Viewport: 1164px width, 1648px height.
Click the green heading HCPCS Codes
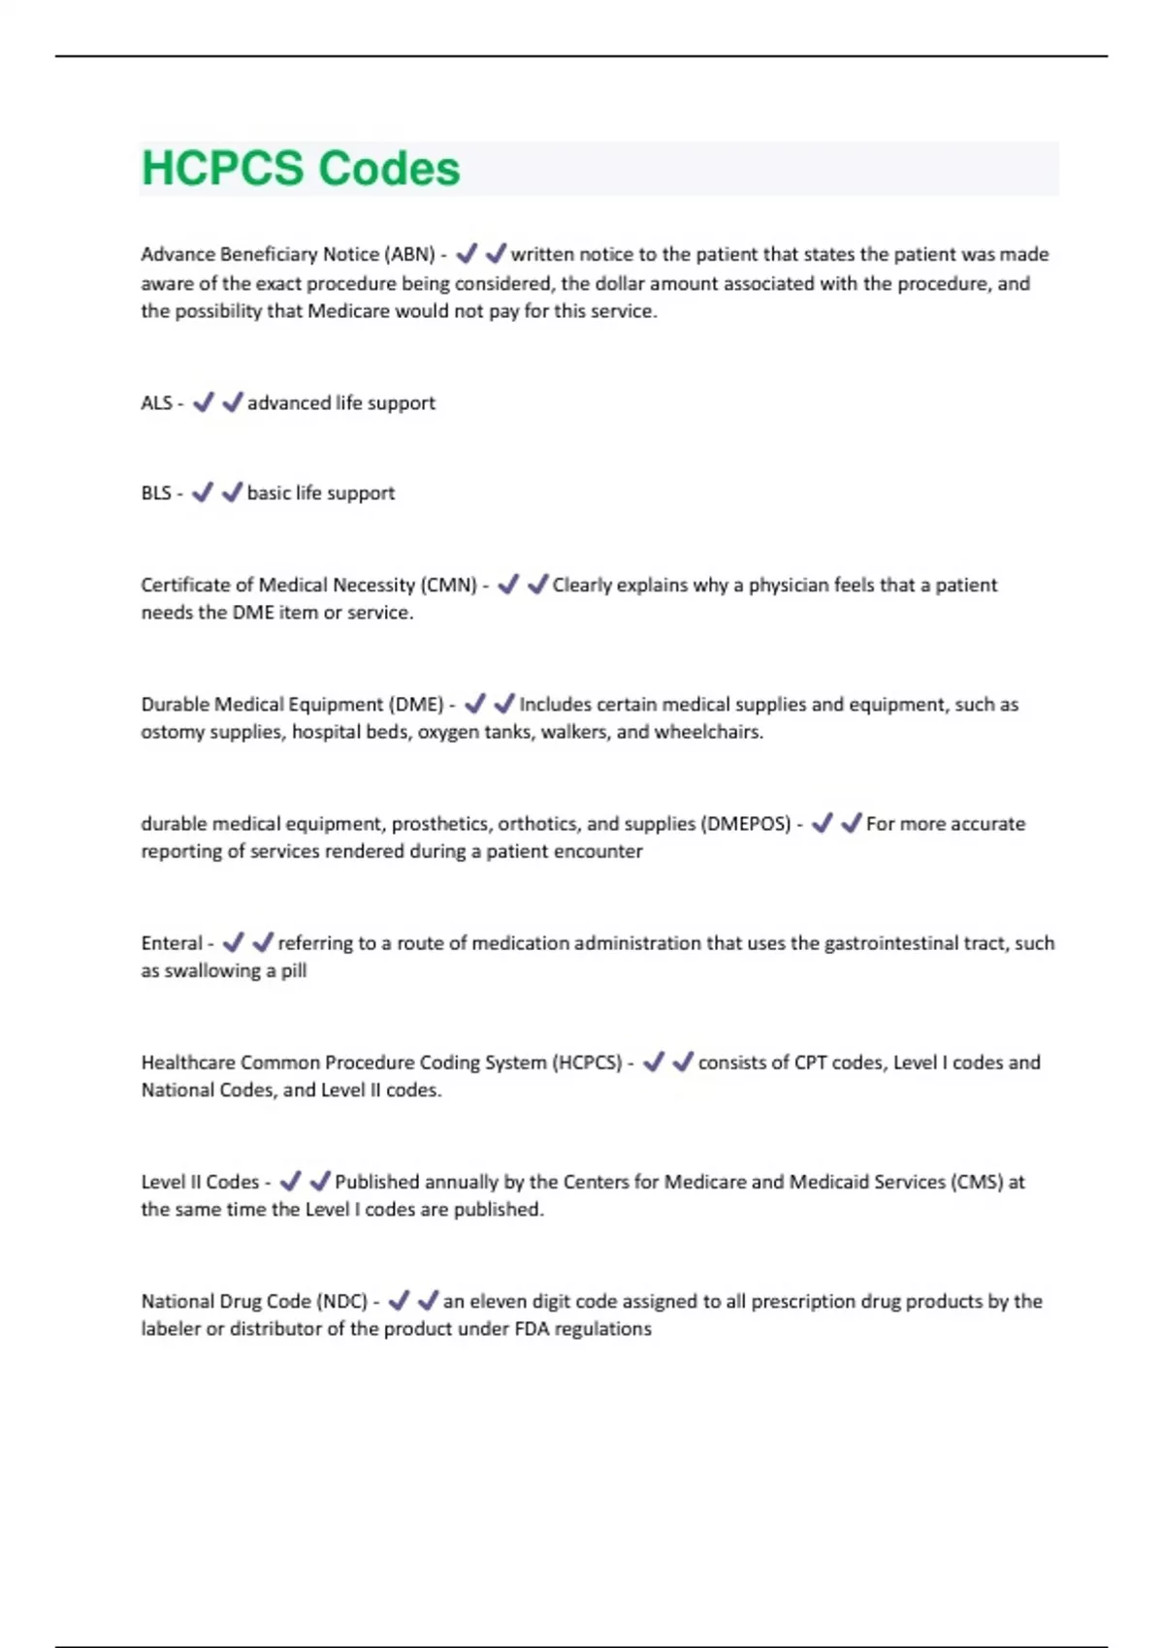click(301, 169)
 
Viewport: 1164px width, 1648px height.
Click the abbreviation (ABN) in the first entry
click(410, 255)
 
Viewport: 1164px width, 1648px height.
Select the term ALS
click(156, 403)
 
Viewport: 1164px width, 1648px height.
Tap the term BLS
click(156, 493)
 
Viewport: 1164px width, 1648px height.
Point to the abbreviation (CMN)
click(448, 586)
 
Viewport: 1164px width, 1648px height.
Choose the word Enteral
click(172, 943)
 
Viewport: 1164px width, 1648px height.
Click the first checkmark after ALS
click(203, 402)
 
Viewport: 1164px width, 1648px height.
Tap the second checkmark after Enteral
click(263, 942)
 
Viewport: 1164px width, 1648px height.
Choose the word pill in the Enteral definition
click(294, 971)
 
